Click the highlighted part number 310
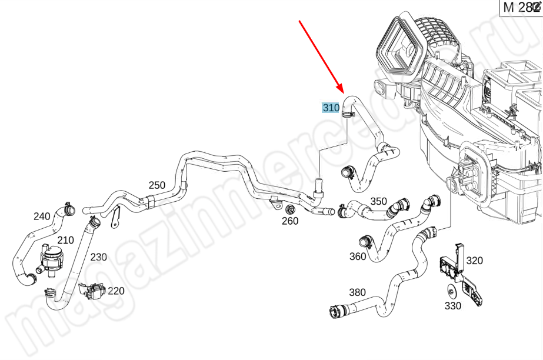pos(331,108)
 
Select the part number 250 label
pos(156,185)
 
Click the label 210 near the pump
pos(65,240)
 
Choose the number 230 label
pos(98,257)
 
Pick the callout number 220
pos(116,291)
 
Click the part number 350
pos(378,201)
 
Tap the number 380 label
pos(357,292)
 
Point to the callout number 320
pos(474,261)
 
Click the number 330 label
pos(452,306)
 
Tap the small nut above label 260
pos(289,210)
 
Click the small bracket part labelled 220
pos(92,291)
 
